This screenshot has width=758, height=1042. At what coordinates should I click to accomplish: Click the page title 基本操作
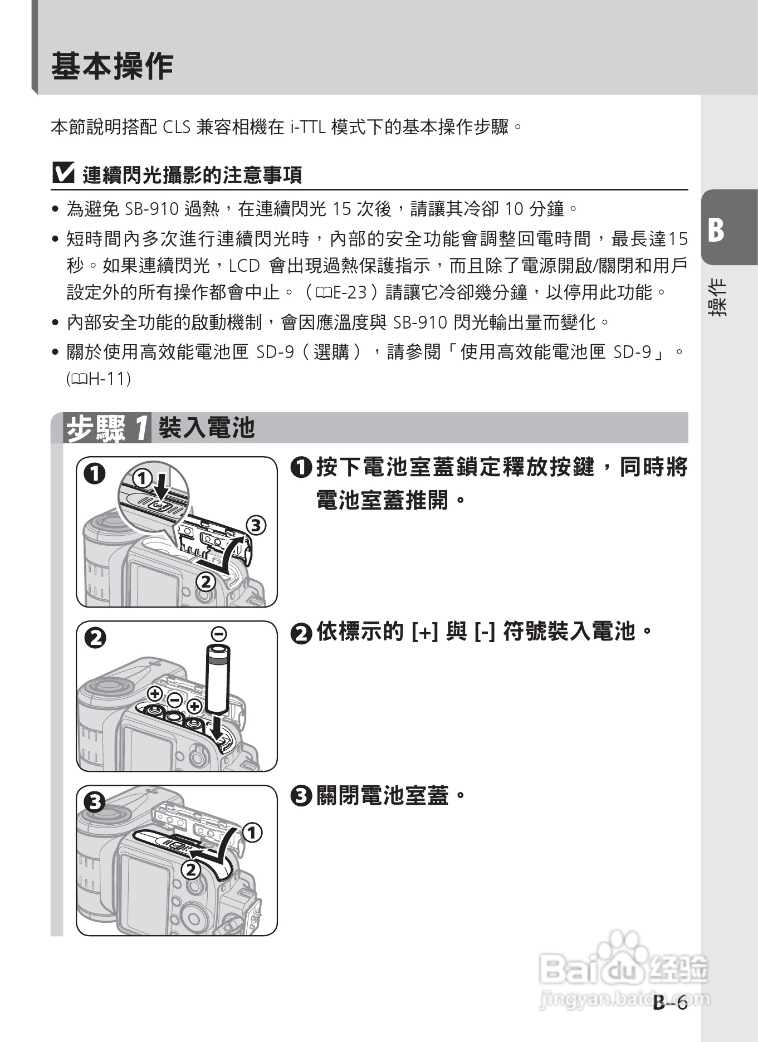pos(112,67)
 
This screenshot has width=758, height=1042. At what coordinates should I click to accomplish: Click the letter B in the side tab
pos(716,229)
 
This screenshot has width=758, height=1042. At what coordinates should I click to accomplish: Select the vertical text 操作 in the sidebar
pos(717,297)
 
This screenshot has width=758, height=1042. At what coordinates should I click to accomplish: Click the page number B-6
pos(670,1002)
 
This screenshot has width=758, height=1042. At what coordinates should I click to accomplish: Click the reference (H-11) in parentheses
pos(99,379)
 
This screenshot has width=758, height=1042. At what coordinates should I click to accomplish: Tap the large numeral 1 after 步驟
pos(141,428)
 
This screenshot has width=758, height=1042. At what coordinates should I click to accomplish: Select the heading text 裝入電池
pos(206,428)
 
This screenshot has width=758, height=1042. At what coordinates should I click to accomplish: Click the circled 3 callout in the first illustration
pos(256,525)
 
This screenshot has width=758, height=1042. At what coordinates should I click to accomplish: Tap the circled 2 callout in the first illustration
pos(206,581)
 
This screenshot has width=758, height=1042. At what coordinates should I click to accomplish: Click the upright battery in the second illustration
pos(218,679)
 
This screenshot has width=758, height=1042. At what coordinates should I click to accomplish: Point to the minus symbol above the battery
pos(219,633)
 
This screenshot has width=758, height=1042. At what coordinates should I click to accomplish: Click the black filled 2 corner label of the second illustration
pos(95,637)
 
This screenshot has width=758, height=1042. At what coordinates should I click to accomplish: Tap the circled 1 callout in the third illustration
pos(252,833)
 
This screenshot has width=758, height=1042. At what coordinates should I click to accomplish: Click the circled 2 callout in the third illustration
pos(190,869)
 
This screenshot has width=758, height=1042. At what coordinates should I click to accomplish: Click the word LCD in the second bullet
pos(244,266)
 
